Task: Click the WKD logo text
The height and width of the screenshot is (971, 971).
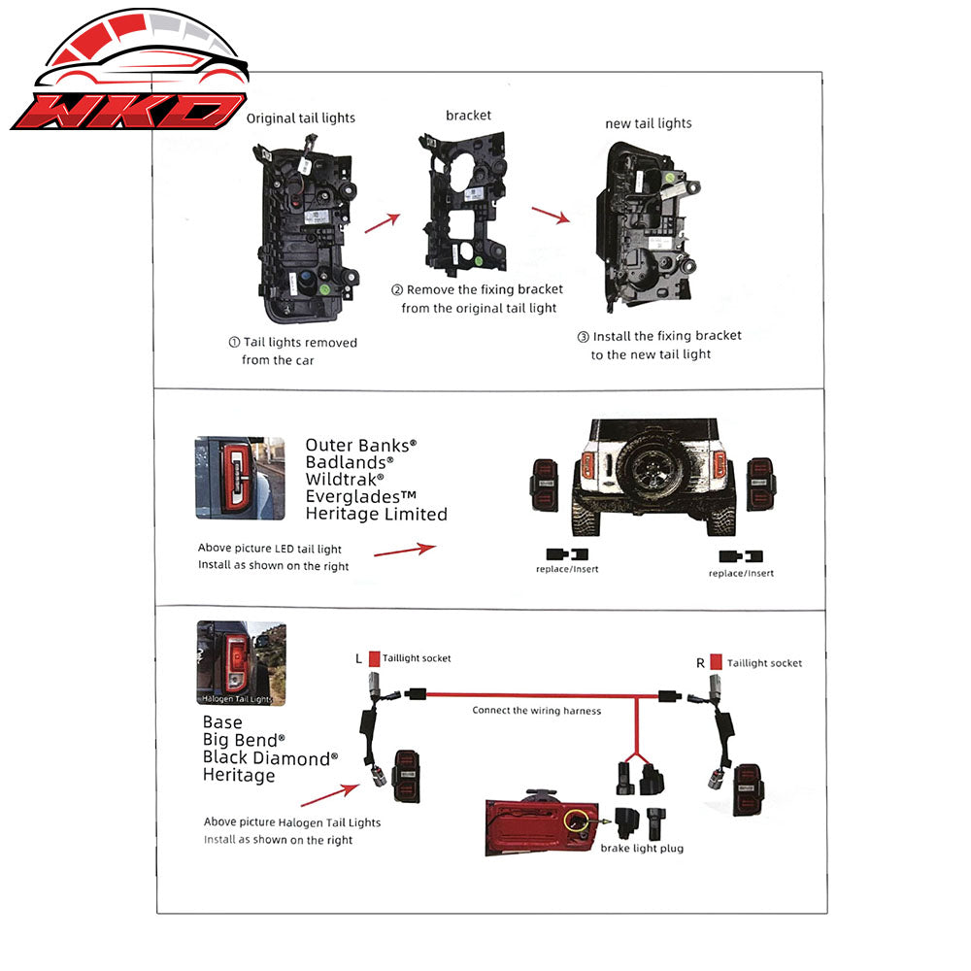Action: tap(129, 112)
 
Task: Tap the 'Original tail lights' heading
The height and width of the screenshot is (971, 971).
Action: tap(301, 118)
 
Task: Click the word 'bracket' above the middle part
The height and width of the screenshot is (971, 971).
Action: tap(468, 116)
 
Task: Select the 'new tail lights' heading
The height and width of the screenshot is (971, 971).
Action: tap(649, 124)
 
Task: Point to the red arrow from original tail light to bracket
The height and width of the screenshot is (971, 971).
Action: tap(382, 223)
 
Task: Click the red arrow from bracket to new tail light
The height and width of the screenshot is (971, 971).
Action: tap(551, 216)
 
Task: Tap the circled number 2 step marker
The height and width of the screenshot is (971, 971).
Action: tap(397, 289)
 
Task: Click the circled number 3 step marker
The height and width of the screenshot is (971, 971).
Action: tap(583, 337)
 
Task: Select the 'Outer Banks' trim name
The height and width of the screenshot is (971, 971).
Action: tap(361, 446)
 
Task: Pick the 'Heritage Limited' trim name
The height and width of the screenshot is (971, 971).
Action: tap(377, 514)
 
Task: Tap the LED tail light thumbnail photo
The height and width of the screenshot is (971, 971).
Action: tap(240, 478)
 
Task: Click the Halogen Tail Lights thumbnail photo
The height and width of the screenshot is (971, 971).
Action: tap(242, 663)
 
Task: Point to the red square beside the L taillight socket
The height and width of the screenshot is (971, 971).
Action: tap(374, 659)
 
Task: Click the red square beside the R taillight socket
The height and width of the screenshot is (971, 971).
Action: tap(716, 662)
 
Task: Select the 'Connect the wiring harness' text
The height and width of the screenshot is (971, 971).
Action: tap(536, 711)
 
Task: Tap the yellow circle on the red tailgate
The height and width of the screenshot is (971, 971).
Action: tap(576, 821)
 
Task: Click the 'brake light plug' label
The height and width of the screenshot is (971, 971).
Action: tap(642, 849)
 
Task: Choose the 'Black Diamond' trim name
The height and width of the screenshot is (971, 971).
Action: tap(270, 758)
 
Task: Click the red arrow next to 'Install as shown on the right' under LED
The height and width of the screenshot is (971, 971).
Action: tap(405, 550)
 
